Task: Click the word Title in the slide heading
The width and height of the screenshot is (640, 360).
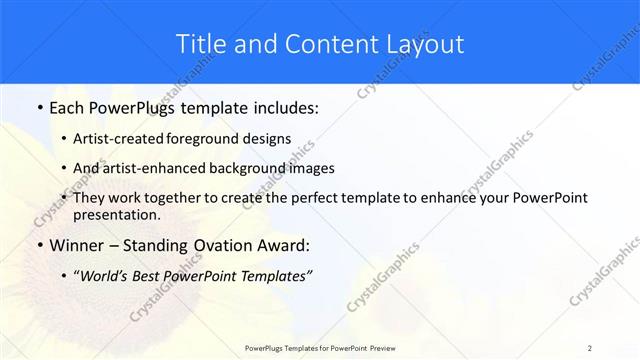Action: click(x=199, y=44)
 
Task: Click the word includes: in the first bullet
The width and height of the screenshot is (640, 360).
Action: click(x=284, y=106)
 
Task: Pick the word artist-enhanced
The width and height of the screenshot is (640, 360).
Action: click(x=152, y=168)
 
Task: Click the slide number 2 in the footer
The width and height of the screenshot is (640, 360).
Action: click(x=590, y=347)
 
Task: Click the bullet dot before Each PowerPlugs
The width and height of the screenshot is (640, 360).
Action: click(x=39, y=107)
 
